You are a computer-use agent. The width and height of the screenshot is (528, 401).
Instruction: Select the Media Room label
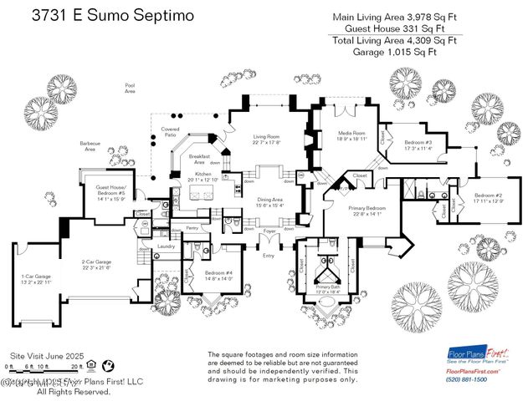352,136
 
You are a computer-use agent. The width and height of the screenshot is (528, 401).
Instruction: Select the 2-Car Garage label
97,265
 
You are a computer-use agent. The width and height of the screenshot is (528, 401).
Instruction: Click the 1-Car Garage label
35,280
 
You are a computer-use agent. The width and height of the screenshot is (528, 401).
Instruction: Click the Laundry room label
166,246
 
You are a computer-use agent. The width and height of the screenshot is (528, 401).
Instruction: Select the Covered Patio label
170,132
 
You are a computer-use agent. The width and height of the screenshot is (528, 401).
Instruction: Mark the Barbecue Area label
90,146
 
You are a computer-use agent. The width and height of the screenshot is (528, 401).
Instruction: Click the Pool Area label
130,87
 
